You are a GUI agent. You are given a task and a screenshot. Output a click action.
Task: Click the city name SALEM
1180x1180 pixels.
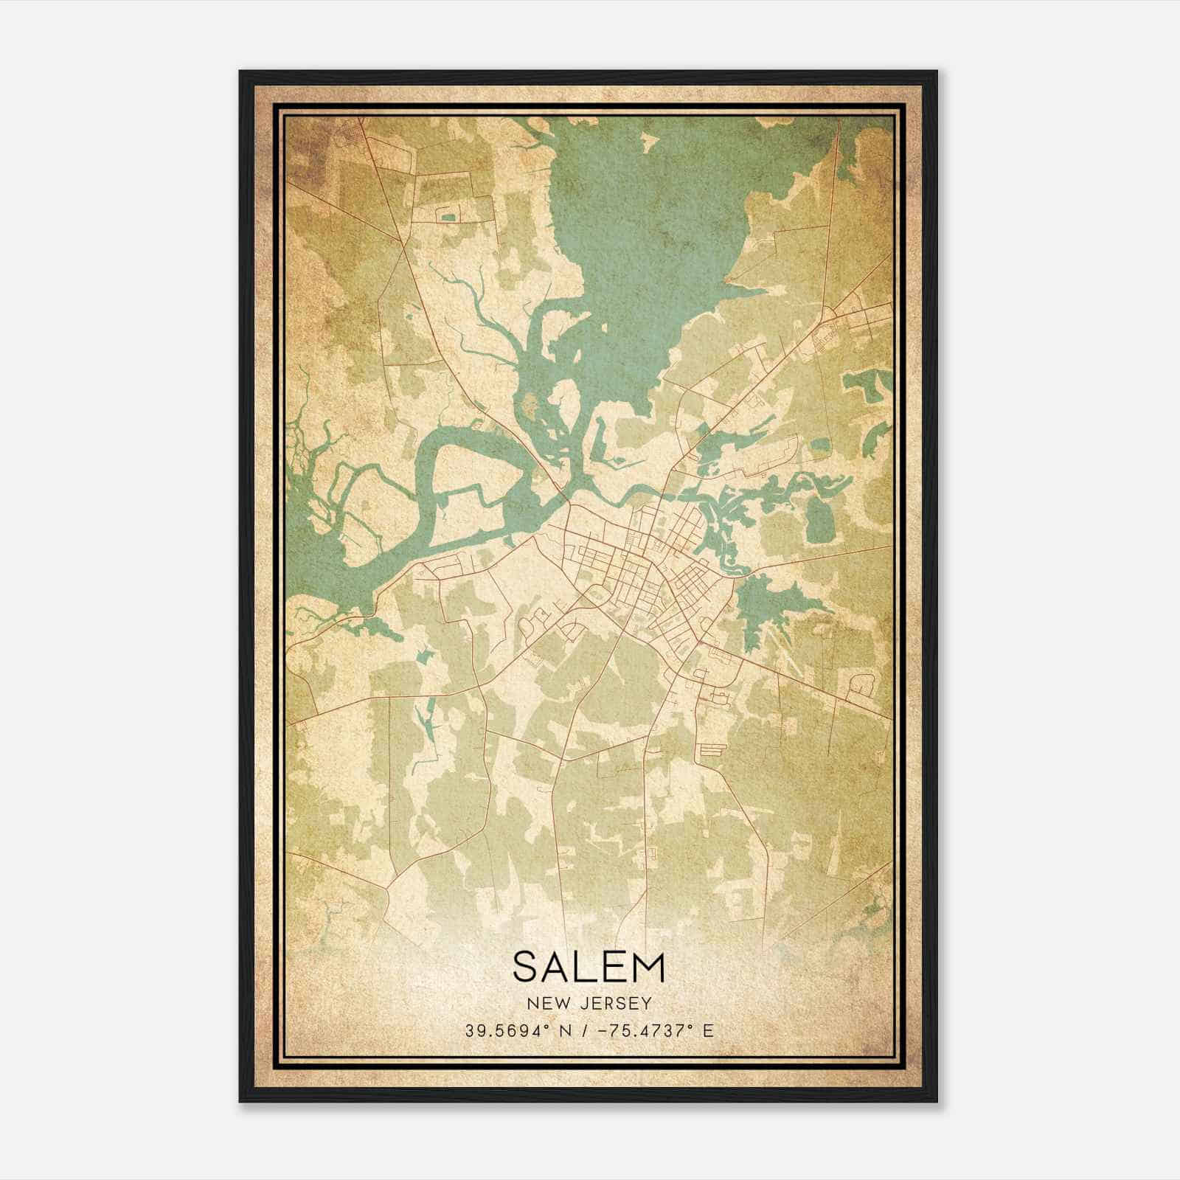589,966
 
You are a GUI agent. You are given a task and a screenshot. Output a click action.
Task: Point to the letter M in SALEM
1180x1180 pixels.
649,966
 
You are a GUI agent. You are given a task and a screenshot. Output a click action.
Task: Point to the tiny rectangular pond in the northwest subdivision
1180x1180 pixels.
447,216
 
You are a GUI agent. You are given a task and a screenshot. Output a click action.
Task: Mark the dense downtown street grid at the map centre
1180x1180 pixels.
642,575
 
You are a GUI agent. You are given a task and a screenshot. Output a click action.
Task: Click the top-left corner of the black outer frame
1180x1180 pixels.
241,72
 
